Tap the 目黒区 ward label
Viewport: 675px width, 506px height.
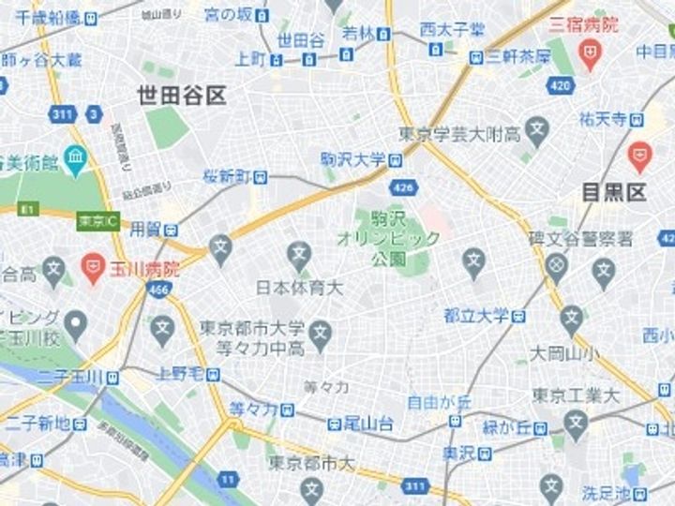point(614,193)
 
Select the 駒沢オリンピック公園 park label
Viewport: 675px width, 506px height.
point(388,238)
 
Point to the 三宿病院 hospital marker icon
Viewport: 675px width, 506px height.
point(589,58)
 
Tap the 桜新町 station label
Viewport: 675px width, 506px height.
point(229,176)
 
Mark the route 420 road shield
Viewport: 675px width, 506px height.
point(560,86)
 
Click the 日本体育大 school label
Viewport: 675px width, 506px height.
point(300,287)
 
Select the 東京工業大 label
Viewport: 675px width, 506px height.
point(575,395)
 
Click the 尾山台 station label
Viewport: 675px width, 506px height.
point(367,424)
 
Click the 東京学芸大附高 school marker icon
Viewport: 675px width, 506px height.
point(536,130)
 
